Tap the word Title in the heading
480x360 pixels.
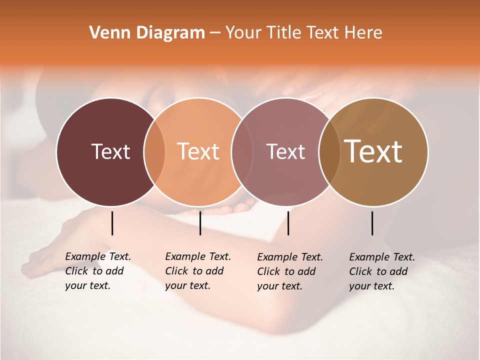coord(283,33)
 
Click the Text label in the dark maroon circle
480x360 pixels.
coord(110,151)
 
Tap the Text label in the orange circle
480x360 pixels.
coord(198,151)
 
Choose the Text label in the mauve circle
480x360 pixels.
coord(285,151)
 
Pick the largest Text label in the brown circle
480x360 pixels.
coord(373,151)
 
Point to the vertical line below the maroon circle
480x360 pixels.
coord(112,223)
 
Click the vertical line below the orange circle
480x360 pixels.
coord(200,223)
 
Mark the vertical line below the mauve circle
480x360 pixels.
coord(288,223)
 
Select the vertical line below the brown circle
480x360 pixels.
coord(372,223)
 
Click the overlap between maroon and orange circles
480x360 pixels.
coord(154,152)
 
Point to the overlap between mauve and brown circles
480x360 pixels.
coord(329,152)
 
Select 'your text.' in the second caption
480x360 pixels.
coord(187,285)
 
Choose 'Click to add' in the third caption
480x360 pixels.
coord(286,271)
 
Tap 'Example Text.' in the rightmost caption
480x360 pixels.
coord(382,257)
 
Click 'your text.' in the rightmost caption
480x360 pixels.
coord(371,286)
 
